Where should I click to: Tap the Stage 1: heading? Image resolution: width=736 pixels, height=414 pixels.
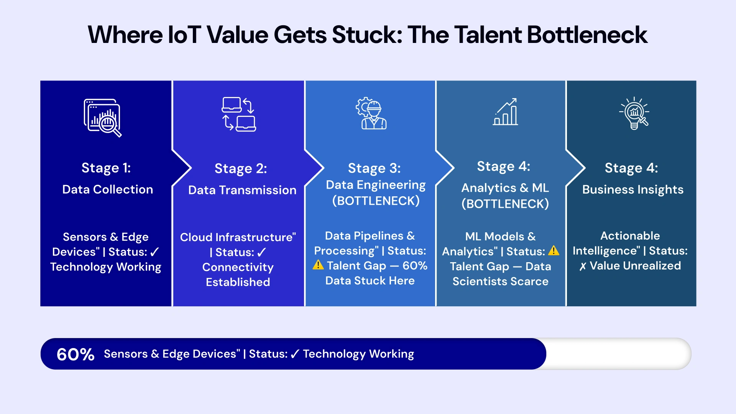click(106, 168)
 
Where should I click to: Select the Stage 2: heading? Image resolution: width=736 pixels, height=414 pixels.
click(241, 169)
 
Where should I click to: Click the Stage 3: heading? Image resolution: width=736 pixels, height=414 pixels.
click(374, 168)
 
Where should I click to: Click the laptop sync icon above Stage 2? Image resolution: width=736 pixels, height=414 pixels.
click(239, 114)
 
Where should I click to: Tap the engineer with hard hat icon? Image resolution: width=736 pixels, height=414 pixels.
click(371, 113)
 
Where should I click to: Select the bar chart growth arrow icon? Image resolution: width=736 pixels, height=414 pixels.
click(506, 112)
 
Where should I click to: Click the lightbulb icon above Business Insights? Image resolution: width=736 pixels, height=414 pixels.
click(634, 113)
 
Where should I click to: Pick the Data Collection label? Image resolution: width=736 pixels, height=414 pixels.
click(108, 189)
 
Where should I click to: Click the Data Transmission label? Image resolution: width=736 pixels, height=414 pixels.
click(242, 190)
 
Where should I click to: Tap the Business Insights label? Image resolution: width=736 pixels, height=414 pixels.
click(632, 189)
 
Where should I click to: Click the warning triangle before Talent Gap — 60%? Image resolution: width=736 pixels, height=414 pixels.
click(318, 265)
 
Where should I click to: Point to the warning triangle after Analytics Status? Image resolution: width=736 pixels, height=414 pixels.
click(554, 251)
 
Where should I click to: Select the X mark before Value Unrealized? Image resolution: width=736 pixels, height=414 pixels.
click(583, 266)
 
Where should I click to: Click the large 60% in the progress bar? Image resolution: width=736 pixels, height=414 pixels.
click(76, 354)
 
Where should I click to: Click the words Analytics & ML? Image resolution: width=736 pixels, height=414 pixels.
click(505, 188)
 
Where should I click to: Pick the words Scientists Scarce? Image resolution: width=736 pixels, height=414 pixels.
click(500, 281)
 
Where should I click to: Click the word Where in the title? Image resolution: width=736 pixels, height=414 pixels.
click(125, 35)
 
